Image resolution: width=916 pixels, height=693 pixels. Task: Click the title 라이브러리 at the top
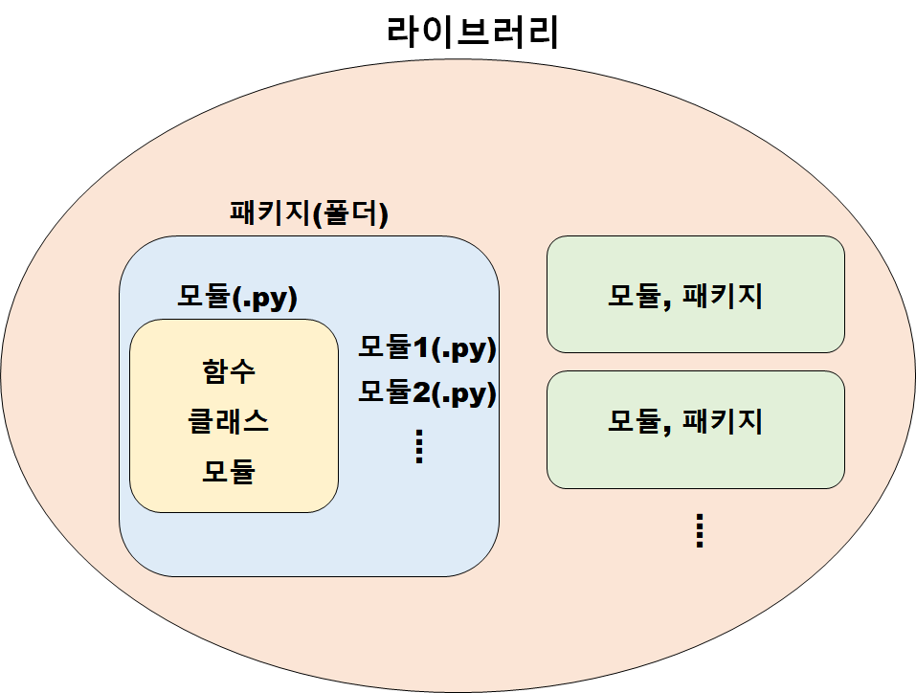pos(473,33)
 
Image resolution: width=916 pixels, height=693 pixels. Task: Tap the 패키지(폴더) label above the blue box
pos(309,212)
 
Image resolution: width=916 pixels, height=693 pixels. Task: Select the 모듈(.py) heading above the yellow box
pos(237,297)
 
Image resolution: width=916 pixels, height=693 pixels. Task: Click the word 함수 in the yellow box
pos(230,371)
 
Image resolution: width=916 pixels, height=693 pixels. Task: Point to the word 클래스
pos(230,421)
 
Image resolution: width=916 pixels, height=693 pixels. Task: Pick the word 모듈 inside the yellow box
pos(230,471)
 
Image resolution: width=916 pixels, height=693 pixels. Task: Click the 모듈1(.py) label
pos(428,347)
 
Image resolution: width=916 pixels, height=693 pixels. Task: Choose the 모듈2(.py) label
pos(428,392)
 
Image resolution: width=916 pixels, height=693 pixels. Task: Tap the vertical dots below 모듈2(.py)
pos(418,447)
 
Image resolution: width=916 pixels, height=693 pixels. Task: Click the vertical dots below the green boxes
pos(700,530)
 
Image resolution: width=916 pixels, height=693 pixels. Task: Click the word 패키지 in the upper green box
pos(724,296)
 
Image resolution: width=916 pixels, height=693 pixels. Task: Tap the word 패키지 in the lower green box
pos(724,421)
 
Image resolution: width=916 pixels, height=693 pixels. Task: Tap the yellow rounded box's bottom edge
pos(235,512)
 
